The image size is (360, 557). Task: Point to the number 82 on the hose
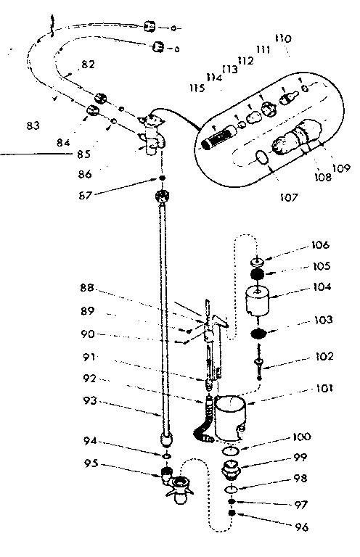click(88, 65)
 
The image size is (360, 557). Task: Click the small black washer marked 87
click(160, 178)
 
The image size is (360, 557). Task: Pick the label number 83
click(33, 126)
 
